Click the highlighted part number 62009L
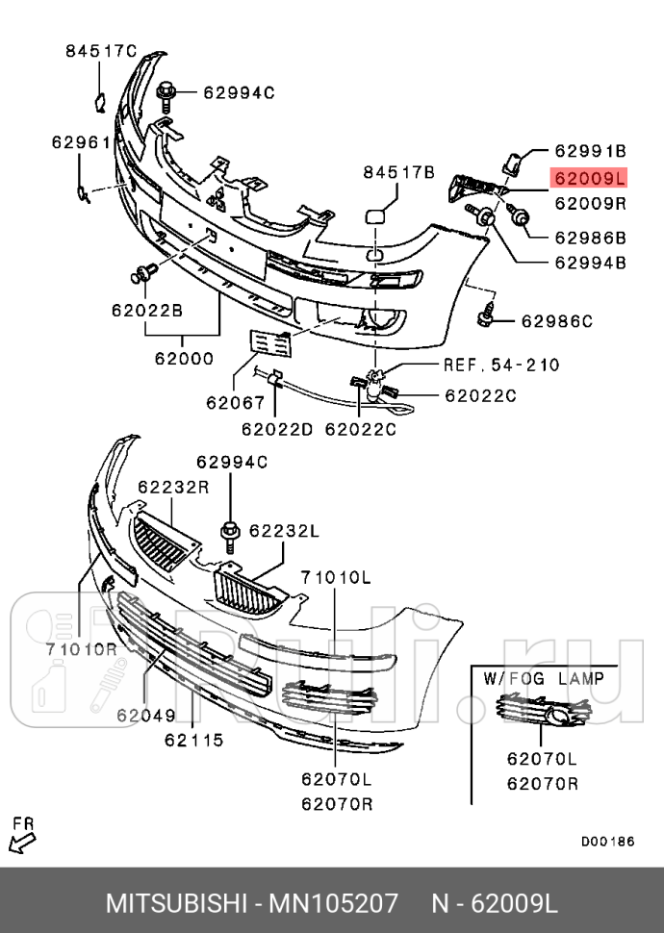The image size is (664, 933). (x=590, y=178)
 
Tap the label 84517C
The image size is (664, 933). (x=101, y=51)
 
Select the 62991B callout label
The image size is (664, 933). (x=591, y=151)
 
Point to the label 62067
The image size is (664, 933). (x=235, y=403)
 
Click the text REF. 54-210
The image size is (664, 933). (x=501, y=365)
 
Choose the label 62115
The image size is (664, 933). (x=194, y=740)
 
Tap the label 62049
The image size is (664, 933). (x=146, y=715)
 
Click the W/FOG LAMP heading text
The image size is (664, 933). (x=544, y=678)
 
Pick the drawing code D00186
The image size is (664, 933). (x=608, y=842)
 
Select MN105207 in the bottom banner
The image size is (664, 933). (x=333, y=903)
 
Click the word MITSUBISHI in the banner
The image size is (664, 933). (x=176, y=903)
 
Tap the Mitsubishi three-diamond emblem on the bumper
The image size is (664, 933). (x=217, y=200)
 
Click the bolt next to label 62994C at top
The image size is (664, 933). (x=166, y=97)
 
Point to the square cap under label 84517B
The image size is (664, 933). (x=376, y=215)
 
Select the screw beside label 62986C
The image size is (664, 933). (x=485, y=315)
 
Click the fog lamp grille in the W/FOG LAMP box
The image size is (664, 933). (x=543, y=711)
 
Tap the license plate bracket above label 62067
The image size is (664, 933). (x=270, y=344)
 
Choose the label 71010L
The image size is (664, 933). (x=336, y=577)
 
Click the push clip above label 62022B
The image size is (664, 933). (x=143, y=274)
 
